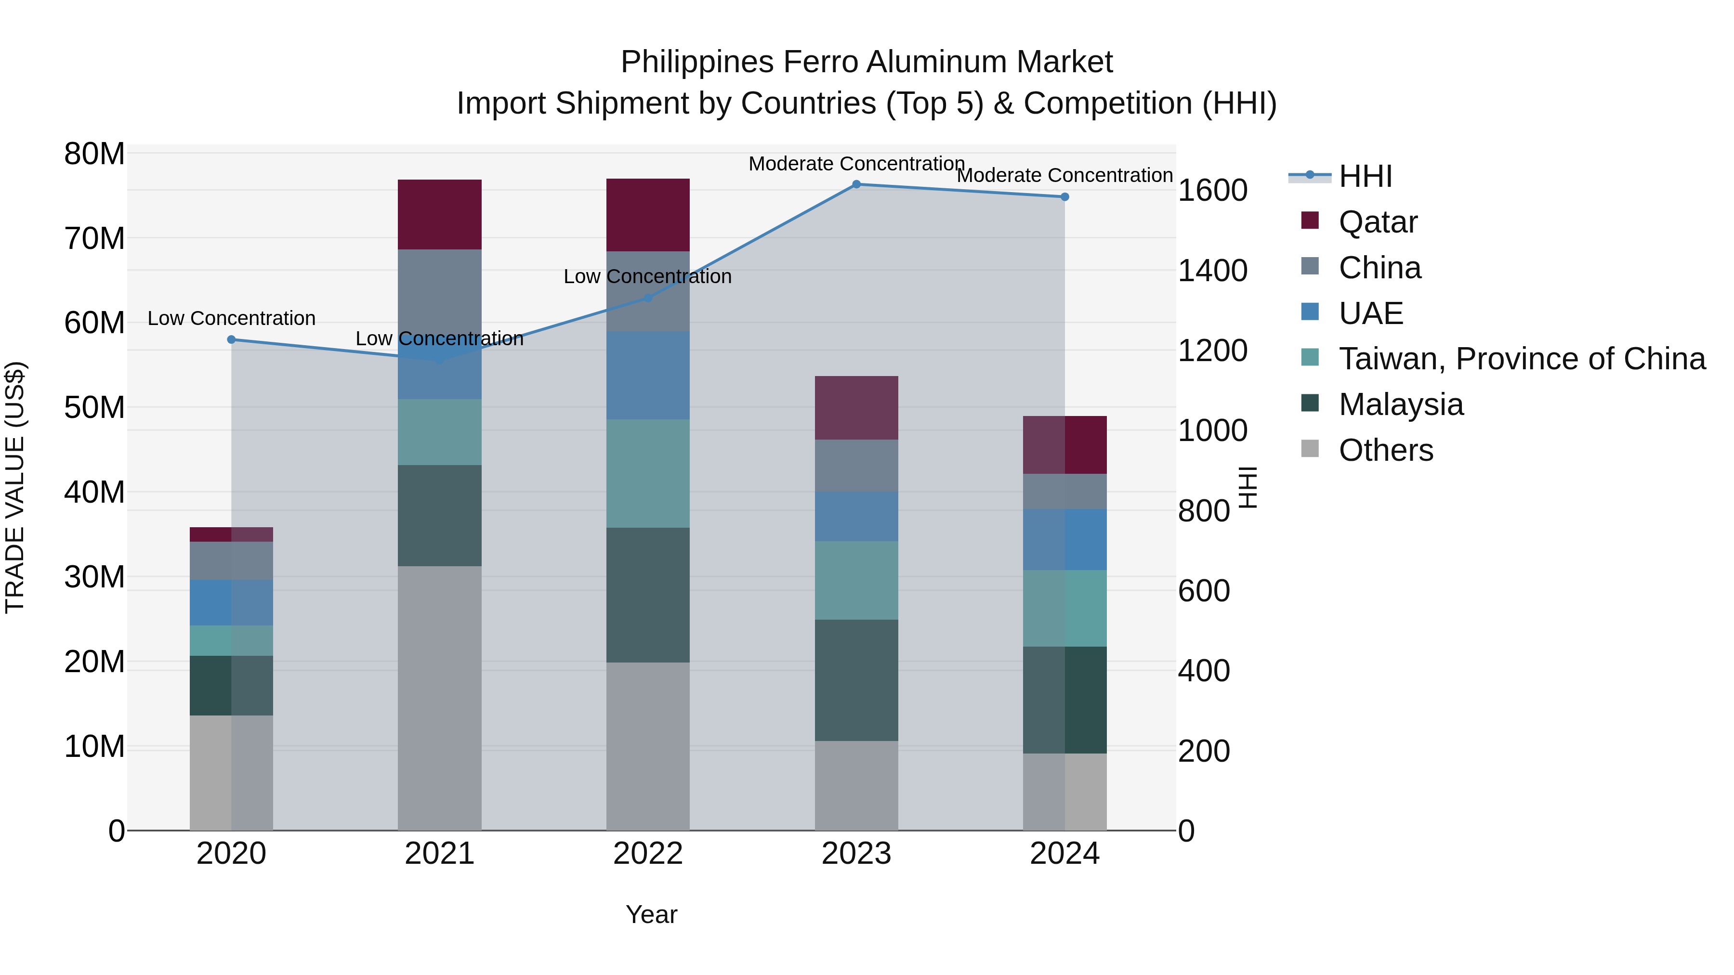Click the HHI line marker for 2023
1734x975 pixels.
856,184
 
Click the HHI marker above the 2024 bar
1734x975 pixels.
1064,196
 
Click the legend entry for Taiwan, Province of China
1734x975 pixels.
1521,359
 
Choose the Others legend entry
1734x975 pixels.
1385,450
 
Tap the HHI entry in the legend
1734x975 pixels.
1365,176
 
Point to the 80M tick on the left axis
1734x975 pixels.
94,154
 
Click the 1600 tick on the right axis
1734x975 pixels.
1212,190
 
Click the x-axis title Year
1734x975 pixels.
651,914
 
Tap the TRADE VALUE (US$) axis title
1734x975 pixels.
15,487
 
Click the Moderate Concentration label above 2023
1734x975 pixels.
856,164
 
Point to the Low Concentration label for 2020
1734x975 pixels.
232,318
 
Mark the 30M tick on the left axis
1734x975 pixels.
94,577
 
